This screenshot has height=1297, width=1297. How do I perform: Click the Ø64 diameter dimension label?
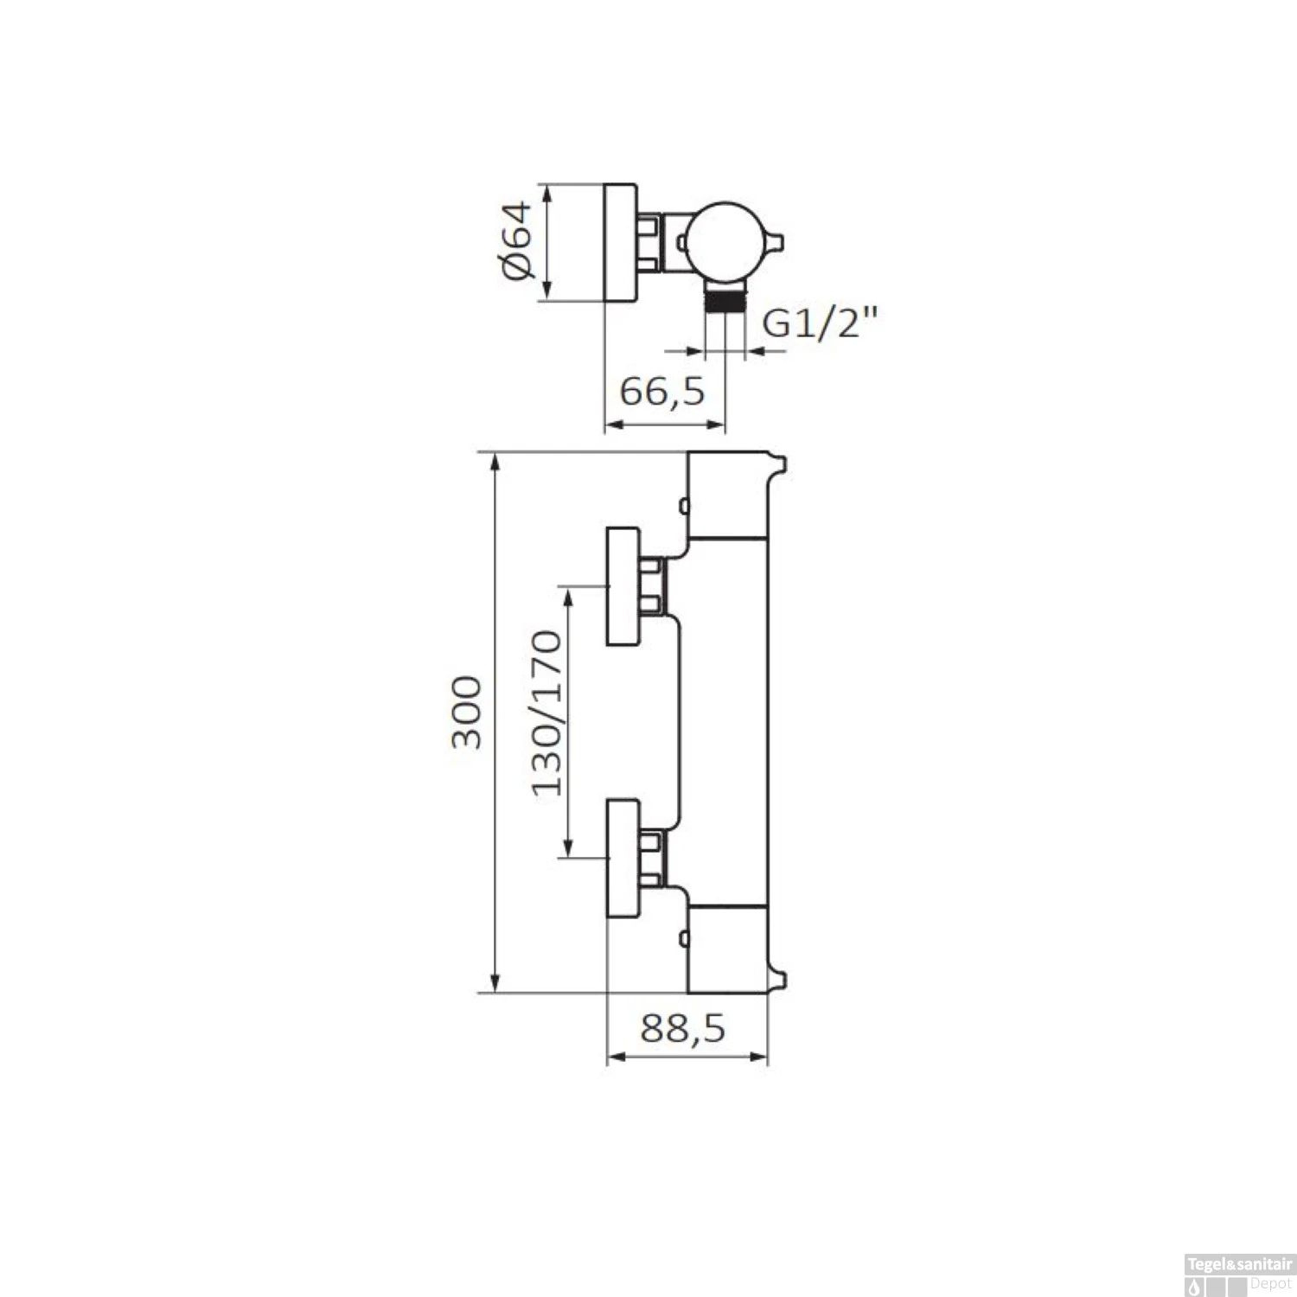516,241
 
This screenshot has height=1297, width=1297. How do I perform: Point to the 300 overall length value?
468,712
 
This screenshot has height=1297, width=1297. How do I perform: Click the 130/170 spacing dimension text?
546,712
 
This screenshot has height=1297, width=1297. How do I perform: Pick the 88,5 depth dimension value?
683,1029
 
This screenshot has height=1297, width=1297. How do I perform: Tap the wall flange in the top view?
619,243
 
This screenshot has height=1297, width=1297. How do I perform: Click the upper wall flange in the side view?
623,586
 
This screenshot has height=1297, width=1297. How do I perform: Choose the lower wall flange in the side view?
623,858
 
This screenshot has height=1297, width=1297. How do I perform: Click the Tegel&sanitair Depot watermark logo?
1237,1277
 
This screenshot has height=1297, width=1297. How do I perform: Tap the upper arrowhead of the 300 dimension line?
495,463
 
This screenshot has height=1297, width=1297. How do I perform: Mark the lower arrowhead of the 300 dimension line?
495,982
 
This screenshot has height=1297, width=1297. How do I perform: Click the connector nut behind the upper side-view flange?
652,585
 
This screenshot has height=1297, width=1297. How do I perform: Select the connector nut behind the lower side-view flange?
652,858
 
